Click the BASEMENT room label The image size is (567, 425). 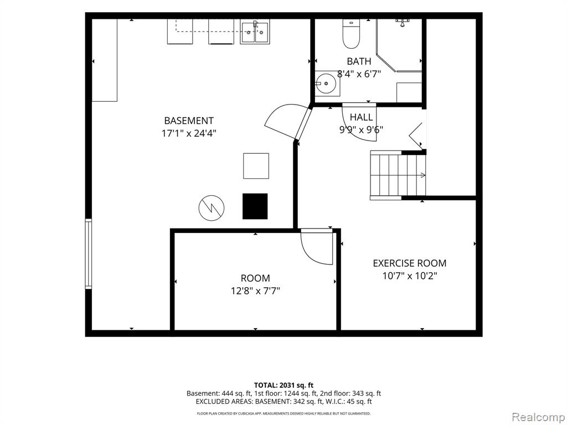coord(189,121)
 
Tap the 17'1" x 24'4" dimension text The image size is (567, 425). coord(189,133)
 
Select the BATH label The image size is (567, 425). coord(359,61)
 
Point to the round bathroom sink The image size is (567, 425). coord(327,83)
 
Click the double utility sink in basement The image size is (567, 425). coord(255,33)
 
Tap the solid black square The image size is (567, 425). coord(255,206)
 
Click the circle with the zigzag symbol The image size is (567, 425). coord(212,209)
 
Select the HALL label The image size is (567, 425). coord(361,117)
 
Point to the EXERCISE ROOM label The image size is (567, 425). coord(410,263)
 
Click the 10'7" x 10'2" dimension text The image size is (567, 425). coord(410,276)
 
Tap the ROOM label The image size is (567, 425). coord(255,278)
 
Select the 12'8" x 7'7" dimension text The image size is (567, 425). coord(255,291)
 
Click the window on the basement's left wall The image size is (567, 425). coord(88,253)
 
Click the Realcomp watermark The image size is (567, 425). coord(538,417)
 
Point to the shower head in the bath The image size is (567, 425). coord(402,23)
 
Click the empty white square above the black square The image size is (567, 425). coord(256,166)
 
